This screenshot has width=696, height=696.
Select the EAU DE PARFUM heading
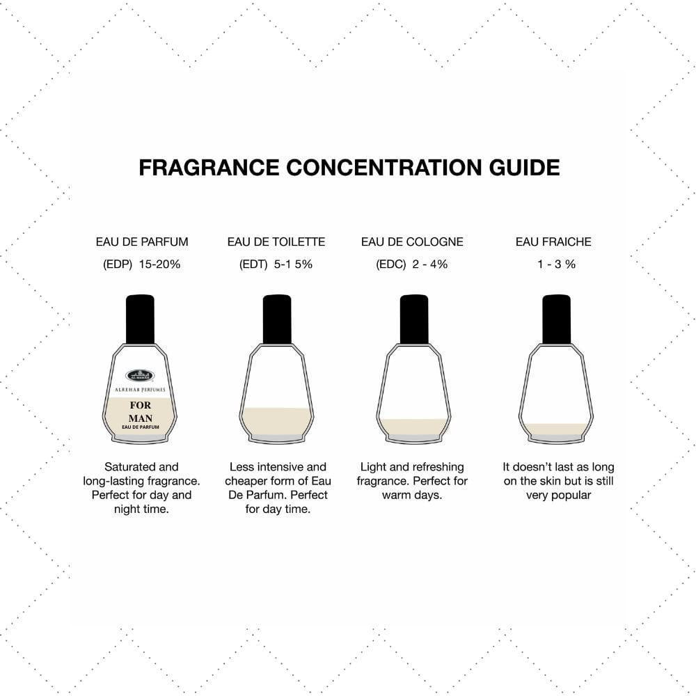point(142,242)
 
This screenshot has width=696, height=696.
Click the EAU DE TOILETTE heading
point(276,242)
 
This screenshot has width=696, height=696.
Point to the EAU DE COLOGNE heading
point(412,242)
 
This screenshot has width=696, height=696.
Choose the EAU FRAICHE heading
point(553,242)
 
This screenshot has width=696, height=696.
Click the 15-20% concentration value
point(159,264)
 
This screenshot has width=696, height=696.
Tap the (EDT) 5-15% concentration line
point(276,264)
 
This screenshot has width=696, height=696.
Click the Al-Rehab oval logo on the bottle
point(140,377)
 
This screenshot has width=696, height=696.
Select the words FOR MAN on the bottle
point(140,411)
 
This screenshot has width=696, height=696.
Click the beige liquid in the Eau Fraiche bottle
point(556,429)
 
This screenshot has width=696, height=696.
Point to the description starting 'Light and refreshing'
point(412,481)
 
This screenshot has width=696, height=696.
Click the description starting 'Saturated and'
point(141,488)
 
